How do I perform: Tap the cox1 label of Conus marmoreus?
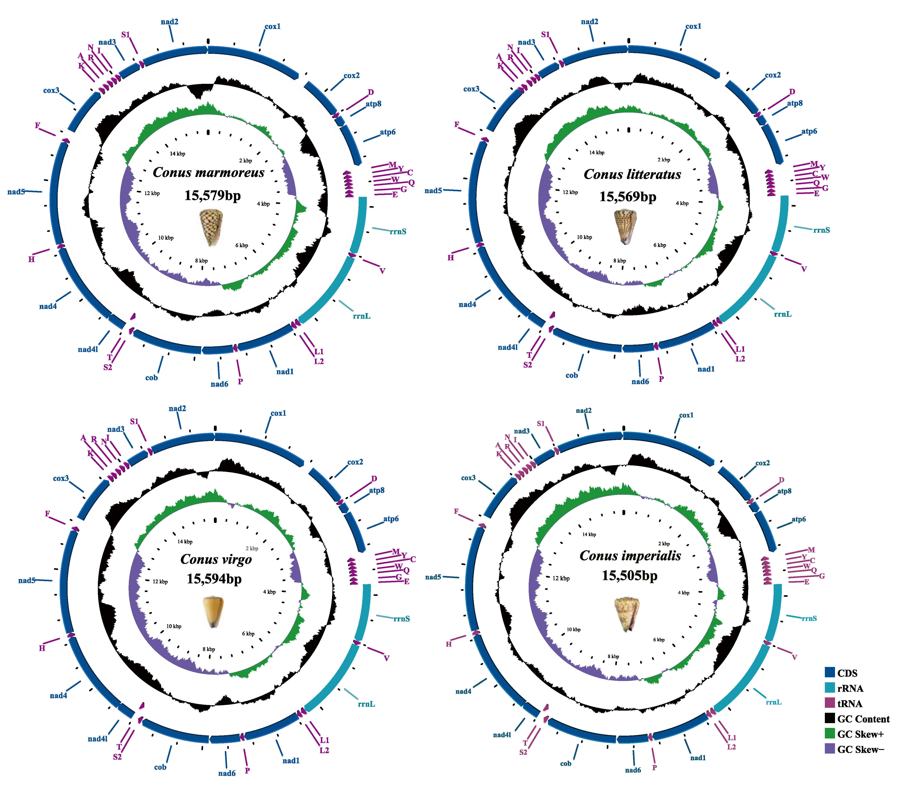point(272,26)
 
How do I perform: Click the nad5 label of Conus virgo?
point(26,580)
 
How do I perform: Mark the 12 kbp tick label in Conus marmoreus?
point(152,193)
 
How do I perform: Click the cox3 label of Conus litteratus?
point(471,89)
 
